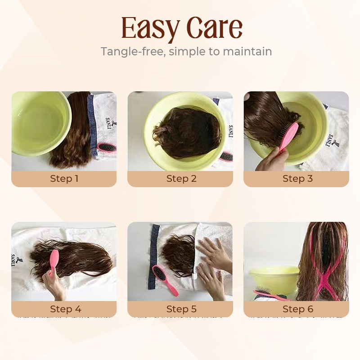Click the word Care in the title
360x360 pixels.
pos(215,27)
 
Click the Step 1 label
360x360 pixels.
pos(64,178)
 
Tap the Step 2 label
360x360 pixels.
pos(181,178)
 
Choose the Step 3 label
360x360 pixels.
pos(297,178)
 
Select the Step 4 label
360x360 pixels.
pos(65,309)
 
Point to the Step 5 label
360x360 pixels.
pos(181,309)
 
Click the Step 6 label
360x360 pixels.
pos(298,309)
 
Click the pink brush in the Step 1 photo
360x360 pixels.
pos(107,147)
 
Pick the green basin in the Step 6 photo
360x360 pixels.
pos(274,282)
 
